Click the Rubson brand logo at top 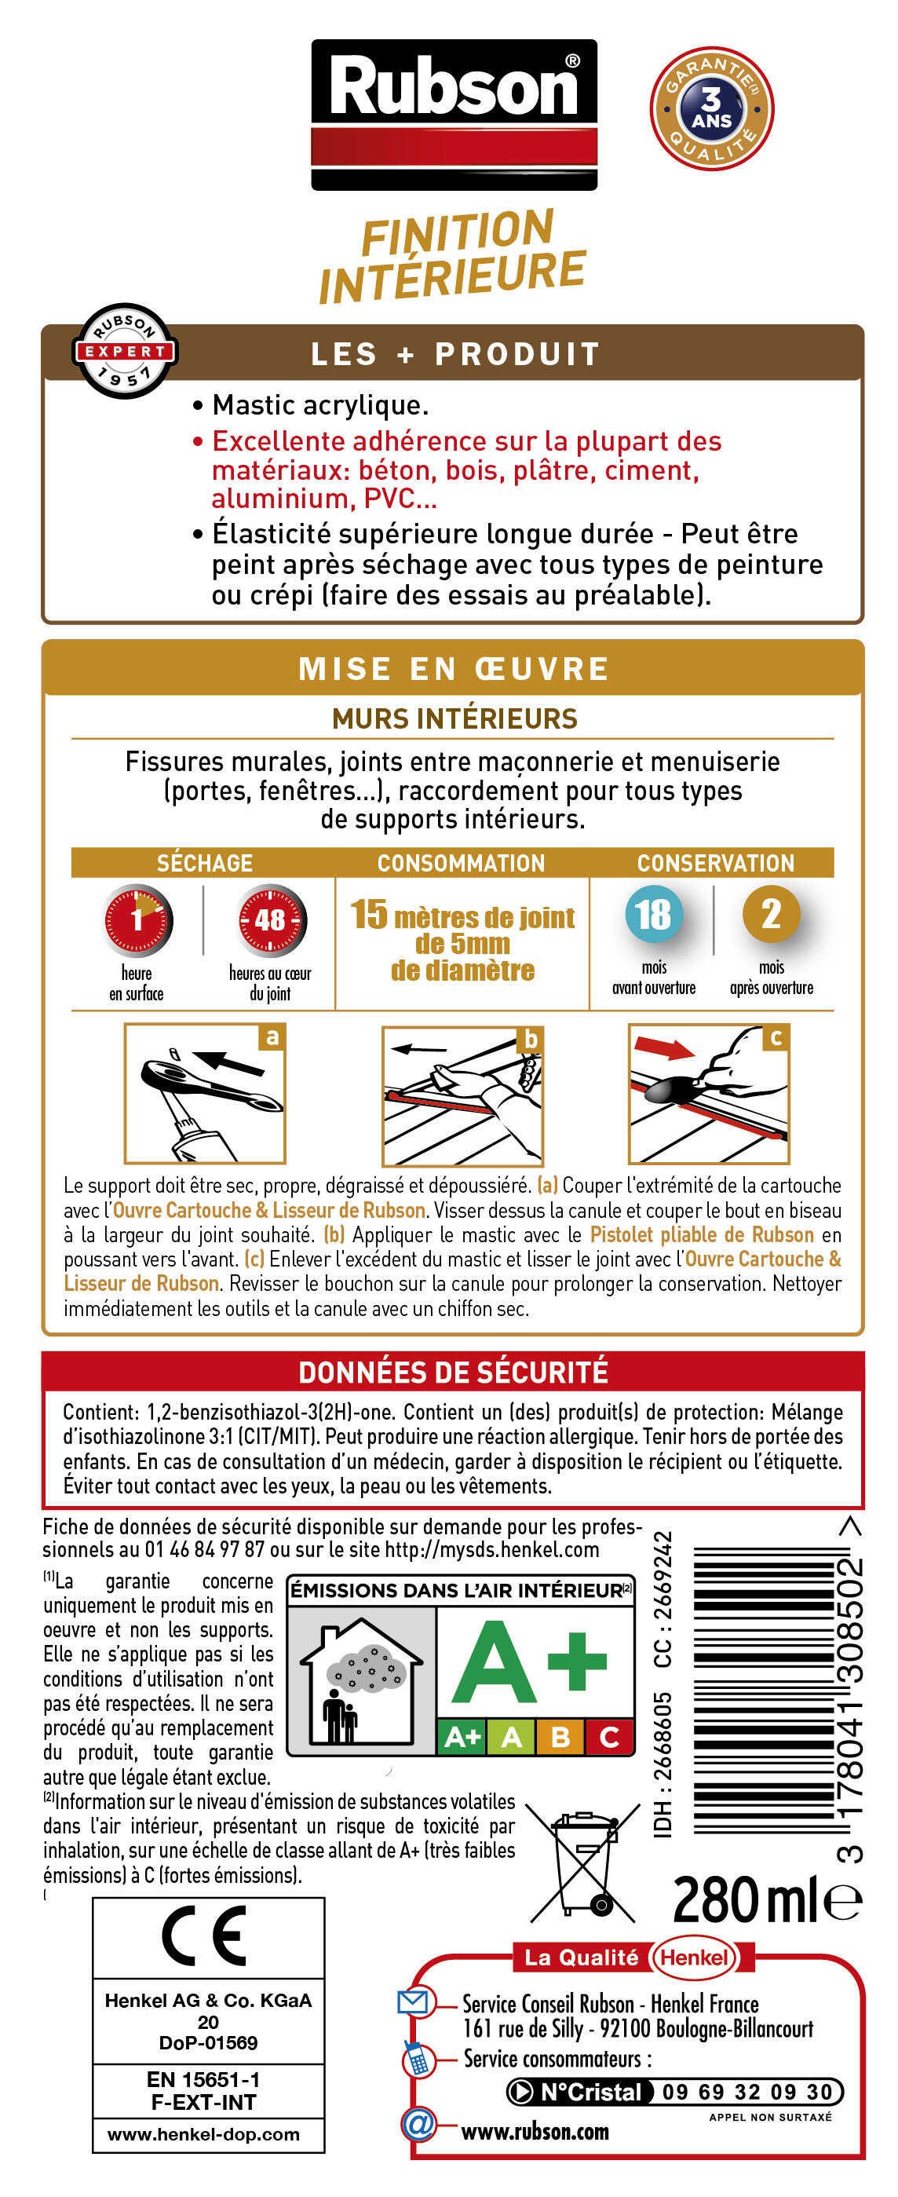453,113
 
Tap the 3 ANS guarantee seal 711,108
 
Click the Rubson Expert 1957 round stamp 125,350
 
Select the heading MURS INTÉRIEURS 454,718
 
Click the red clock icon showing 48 270,919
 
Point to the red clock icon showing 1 137,919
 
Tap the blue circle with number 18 652,913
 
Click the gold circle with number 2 770,913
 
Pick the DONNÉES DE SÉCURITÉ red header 453,1372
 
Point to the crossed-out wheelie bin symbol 584,1863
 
